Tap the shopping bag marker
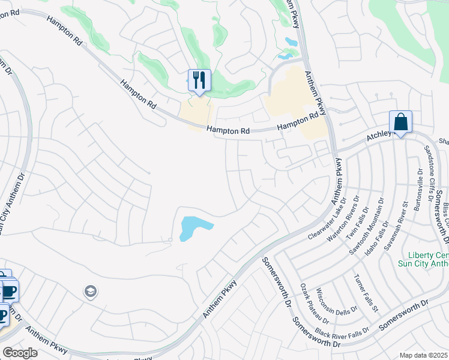click(x=400, y=122)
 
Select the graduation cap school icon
click(x=91, y=292)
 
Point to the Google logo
click(x=20, y=353)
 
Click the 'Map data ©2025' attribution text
click(x=424, y=355)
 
